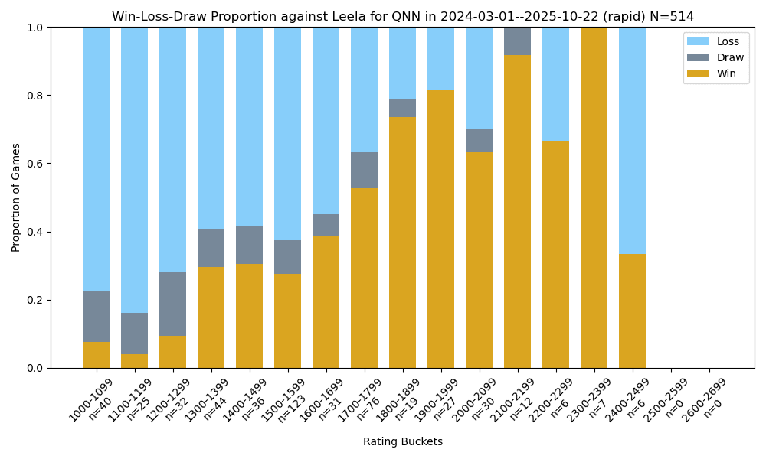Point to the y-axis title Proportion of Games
pos(16,197)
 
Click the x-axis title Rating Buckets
pos(403,441)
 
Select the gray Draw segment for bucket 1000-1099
pos(97,317)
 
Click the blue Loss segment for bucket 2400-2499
pos(633,141)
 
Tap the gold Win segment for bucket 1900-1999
pos(441,229)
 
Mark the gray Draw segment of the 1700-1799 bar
pos(365,170)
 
